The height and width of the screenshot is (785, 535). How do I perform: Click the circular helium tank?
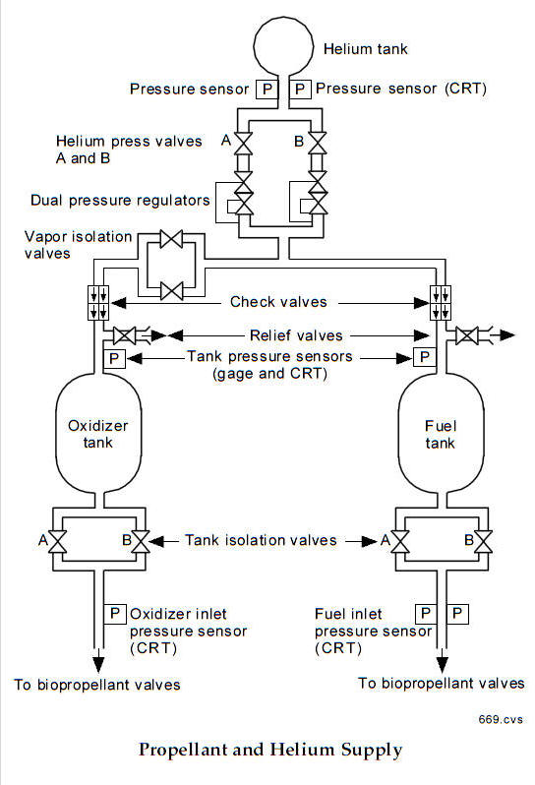click(x=283, y=46)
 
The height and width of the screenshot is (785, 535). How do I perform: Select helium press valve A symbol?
click(x=244, y=144)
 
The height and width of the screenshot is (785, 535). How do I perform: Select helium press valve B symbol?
click(x=318, y=144)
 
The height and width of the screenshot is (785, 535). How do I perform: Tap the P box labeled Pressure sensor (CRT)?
click(x=300, y=90)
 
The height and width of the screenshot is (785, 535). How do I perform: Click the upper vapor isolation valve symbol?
click(x=171, y=239)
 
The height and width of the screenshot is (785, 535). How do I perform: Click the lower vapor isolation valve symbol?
click(x=171, y=291)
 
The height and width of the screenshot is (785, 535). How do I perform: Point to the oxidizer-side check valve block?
click(x=98, y=303)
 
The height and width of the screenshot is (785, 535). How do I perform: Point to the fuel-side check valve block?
click(x=441, y=303)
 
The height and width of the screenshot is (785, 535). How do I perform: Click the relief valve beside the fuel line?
click(x=467, y=335)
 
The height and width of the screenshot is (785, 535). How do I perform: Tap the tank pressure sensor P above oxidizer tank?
click(x=114, y=358)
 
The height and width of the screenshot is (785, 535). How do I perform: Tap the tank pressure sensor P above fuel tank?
click(x=425, y=357)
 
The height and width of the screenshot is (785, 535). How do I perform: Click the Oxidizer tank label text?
click(x=98, y=434)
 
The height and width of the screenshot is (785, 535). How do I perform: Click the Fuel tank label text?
click(x=441, y=435)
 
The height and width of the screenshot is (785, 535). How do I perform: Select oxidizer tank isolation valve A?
click(x=58, y=542)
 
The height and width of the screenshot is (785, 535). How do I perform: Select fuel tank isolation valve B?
click(x=484, y=542)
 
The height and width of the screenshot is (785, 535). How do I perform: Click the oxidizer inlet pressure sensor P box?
click(x=115, y=614)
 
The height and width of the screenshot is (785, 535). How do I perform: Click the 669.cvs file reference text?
click(x=501, y=719)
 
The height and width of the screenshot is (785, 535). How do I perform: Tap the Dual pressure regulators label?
click(x=120, y=201)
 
